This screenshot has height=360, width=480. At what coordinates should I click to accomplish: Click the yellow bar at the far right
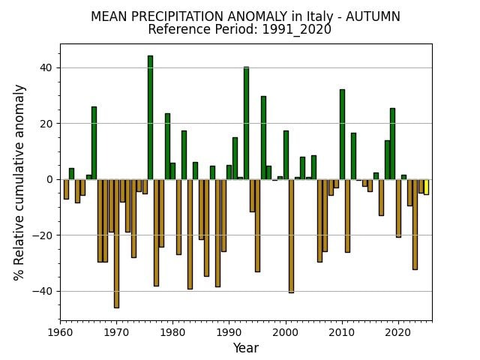tap(426, 187)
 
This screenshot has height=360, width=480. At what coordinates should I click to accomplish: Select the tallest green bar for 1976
tap(150, 117)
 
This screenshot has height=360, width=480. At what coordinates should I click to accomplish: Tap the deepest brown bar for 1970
tap(116, 243)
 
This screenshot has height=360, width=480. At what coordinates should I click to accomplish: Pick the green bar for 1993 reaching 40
tap(246, 123)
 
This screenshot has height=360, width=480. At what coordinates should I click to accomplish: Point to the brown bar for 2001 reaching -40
tap(291, 235)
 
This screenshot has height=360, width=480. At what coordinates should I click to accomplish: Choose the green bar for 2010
tap(342, 134)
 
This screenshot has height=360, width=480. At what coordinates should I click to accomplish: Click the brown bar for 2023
tap(415, 223)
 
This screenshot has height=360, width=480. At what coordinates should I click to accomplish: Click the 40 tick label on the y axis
tap(46, 67)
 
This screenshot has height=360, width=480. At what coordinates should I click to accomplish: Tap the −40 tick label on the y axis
tap(43, 291)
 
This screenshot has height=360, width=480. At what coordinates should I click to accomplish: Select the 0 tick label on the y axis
tap(49, 179)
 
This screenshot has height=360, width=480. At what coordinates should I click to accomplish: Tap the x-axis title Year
tap(245, 348)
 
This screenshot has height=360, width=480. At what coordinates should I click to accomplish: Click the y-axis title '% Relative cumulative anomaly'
tap(20, 181)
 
